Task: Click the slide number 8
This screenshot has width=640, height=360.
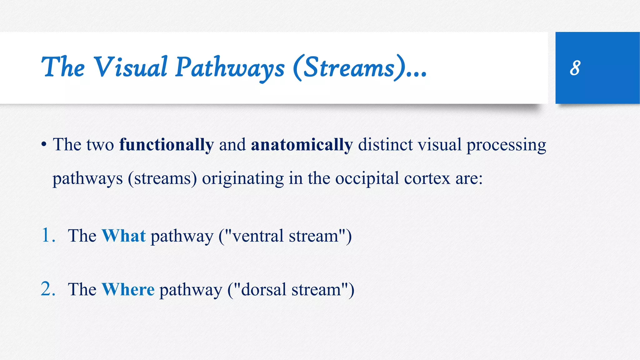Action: point(575,68)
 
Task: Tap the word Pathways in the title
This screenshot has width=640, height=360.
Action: point(230,68)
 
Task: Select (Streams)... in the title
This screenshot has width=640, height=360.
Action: point(359,68)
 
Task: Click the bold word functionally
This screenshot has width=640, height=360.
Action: point(167,145)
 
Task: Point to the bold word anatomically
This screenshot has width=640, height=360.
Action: point(302,145)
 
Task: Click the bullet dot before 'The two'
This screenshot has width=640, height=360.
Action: point(44,145)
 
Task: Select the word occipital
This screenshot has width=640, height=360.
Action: point(367,179)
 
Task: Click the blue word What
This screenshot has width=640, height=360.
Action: point(124,236)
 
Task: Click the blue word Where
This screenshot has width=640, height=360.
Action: point(128,289)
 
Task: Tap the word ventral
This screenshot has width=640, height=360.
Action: point(258,236)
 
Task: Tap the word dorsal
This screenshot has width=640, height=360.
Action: point(264,290)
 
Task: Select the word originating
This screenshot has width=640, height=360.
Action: point(243,179)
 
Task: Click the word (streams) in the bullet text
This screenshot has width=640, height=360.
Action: point(162,179)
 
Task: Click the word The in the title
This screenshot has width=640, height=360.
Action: point(63,67)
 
